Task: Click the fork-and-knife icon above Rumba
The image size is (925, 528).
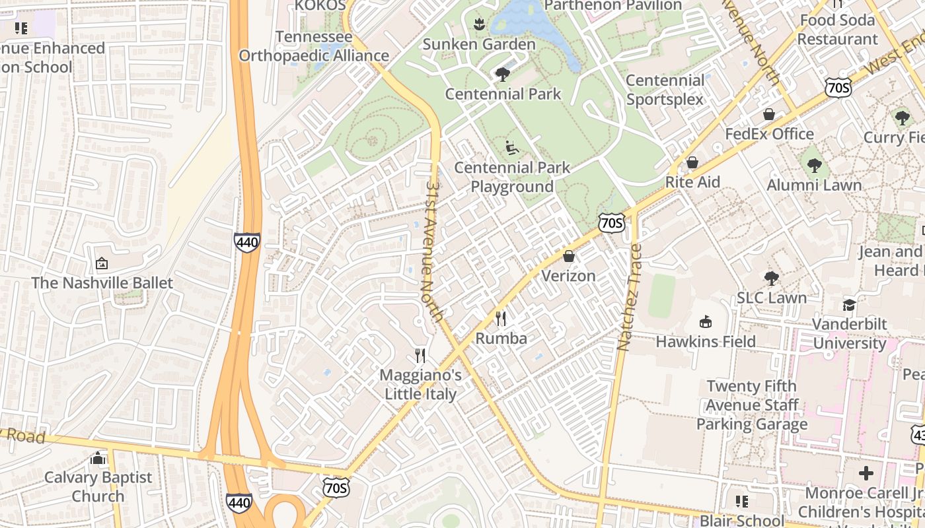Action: coord(501,319)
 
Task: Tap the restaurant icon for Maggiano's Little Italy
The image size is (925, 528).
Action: coord(420,356)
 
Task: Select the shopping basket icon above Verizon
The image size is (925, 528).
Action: coord(569,255)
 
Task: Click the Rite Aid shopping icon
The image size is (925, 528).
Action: coord(692,162)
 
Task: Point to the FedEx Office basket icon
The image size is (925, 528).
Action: coord(769,114)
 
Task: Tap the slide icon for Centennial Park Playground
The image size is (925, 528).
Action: coord(512,147)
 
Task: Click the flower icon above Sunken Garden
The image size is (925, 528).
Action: coord(479,24)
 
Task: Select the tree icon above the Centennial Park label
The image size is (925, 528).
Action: coord(503,74)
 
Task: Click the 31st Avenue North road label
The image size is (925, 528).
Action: coord(433,251)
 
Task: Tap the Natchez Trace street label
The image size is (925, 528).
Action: coord(630,297)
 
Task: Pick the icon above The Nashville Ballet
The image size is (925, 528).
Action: coord(102,263)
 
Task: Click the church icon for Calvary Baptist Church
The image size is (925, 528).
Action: coord(98,457)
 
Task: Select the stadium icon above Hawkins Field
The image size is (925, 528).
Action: coord(706,321)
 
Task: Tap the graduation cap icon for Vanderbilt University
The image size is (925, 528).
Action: coord(849,304)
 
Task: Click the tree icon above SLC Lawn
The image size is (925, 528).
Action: coord(771,278)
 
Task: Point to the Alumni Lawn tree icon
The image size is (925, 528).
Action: coord(814,165)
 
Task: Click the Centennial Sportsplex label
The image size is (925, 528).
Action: coord(665,90)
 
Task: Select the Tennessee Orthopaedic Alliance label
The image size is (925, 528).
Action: coord(314,46)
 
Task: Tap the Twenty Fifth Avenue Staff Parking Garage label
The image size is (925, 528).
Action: coord(752,405)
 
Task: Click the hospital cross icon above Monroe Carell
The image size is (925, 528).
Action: coord(866,473)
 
